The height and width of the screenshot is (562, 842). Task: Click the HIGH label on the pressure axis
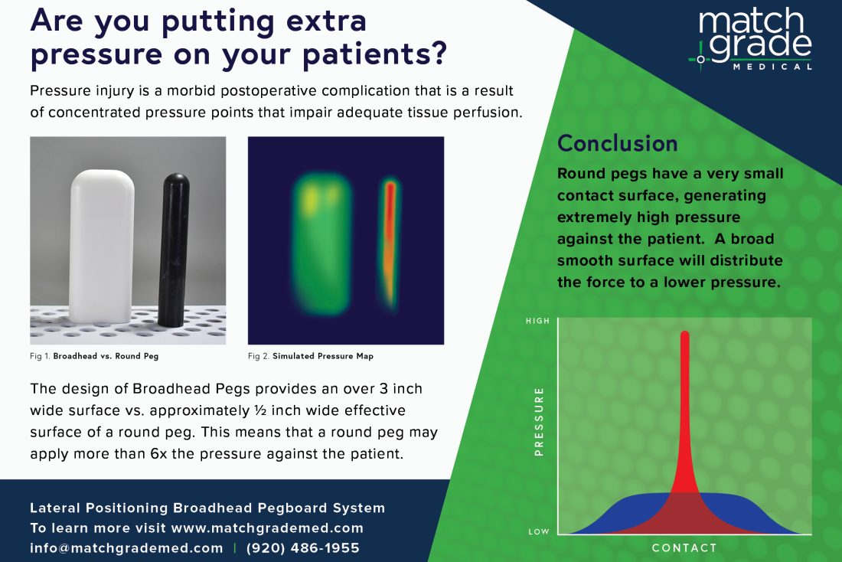(537, 321)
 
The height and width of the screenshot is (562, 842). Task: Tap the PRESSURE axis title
(539, 422)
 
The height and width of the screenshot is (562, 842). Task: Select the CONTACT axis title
(684, 548)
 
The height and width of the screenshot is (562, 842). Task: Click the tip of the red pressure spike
(684, 335)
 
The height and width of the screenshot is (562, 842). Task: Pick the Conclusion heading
(617, 143)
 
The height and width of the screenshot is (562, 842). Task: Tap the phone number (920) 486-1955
(302, 548)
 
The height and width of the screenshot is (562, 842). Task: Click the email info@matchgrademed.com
(126, 548)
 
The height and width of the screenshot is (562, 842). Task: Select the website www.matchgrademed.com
(267, 528)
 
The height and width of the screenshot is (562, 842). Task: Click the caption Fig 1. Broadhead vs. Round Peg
(94, 356)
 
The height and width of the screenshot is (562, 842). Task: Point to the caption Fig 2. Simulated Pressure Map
(311, 356)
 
